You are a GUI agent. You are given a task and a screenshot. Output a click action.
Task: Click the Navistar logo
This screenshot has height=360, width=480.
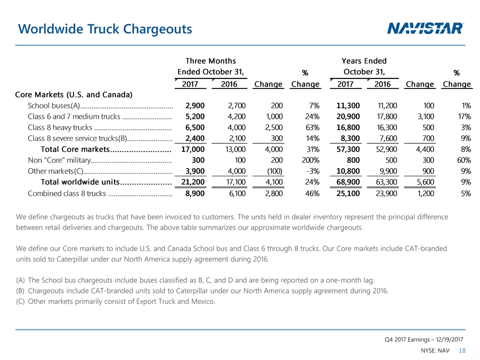click(x=425, y=28)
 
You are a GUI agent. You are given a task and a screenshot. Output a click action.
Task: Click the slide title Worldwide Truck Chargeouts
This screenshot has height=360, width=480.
click(x=104, y=29)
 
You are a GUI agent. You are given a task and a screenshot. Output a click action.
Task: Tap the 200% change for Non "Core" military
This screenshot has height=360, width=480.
click(x=309, y=160)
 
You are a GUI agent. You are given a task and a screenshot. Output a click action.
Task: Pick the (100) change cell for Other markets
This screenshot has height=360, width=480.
click(x=272, y=171)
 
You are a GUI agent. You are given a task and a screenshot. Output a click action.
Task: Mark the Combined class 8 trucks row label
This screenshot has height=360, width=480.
click(x=66, y=193)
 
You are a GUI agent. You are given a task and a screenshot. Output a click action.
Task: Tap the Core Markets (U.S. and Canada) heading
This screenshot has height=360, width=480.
click(x=73, y=94)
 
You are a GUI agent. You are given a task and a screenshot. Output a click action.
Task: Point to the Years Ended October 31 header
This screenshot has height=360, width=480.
click(x=363, y=66)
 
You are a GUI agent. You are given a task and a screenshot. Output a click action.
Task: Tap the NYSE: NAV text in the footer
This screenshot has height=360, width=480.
click(x=435, y=351)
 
